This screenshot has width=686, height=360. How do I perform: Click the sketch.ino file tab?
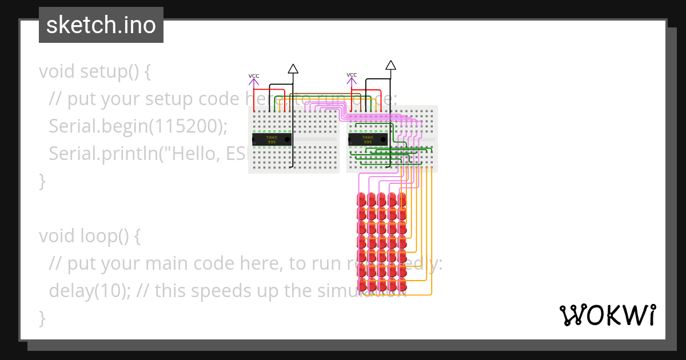pos(101,25)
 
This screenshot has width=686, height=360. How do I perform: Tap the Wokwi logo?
pos(607,315)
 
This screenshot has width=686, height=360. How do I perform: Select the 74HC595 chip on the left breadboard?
pos(272,139)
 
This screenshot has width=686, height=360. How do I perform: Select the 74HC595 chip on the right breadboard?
pos(368,139)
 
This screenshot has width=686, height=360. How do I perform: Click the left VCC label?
pos(254,76)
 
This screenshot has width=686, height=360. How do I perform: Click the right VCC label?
pos(352,75)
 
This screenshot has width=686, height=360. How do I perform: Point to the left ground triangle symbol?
pos(293,69)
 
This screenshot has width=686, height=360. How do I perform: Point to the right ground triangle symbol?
pos(390,65)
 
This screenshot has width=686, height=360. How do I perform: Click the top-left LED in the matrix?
pos(361,200)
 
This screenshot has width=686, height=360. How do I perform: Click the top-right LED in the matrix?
pos(402,200)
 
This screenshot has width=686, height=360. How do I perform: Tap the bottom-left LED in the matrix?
pos(361,284)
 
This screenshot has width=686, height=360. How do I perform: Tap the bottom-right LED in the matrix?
pos(402,284)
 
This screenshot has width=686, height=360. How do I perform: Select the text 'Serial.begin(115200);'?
pos(138,126)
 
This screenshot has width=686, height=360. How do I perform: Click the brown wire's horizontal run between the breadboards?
pos(320,94)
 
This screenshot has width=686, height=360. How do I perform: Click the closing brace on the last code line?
pos(42,318)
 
